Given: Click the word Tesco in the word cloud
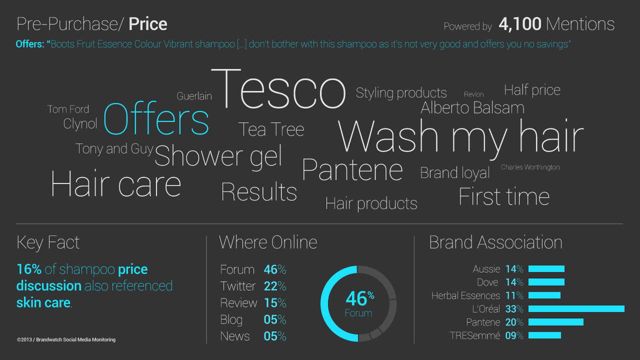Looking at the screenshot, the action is point(278,89).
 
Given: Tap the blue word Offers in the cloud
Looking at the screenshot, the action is point(156,118).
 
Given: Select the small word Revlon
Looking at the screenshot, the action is point(473,94).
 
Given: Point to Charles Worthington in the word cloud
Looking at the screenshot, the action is point(530,167).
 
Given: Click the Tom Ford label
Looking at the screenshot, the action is point(68,109).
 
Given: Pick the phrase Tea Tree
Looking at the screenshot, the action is point(271,129).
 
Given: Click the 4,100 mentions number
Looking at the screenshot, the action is point(519,23).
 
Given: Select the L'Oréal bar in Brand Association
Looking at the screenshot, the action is point(576,308).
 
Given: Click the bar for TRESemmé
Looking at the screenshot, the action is point(544,335).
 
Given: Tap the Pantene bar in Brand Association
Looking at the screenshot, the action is point(555,322).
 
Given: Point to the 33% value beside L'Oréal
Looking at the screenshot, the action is point(514,309).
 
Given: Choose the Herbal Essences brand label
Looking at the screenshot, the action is point(465,295).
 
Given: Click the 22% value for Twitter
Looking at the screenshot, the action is point(275,286).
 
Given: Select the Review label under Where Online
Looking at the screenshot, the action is point(238,303).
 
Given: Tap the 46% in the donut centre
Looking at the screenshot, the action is point(359,298).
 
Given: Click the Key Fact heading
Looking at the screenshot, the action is point(48,243).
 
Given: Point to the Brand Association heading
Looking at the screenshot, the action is point(495,242).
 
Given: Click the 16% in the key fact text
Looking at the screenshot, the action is point(29,269).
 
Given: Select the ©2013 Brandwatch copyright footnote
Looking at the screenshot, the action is point(66,339).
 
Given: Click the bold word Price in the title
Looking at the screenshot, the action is point(147,24).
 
